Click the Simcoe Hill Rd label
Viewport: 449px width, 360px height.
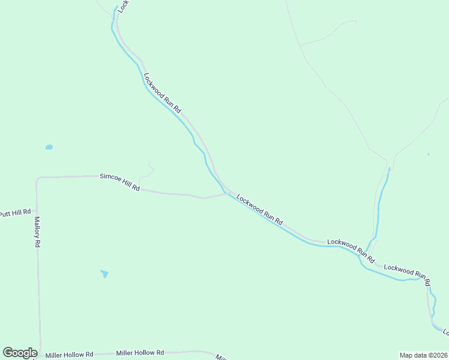click(120, 182)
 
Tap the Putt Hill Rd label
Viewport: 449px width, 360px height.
click(15, 213)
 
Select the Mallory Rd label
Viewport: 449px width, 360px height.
click(37, 232)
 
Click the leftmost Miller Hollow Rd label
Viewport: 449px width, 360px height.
click(69, 355)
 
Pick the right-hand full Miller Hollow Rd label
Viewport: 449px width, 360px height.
click(140, 353)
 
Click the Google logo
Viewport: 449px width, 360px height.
click(20, 353)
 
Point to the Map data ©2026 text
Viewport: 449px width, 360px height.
click(423, 355)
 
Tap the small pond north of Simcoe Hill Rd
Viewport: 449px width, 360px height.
click(49, 147)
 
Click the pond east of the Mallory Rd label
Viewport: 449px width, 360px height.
click(104, 274)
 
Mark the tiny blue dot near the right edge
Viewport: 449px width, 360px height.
click(428, 154)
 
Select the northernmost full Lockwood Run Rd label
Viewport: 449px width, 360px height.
click(162, 94)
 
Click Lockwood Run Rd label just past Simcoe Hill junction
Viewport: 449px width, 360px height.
click(259, 209)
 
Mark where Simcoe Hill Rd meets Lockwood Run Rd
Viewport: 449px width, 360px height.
click(226, 193)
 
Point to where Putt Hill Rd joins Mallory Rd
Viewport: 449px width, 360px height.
click(37, 212)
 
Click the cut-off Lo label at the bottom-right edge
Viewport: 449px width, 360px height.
click(445, 332)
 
